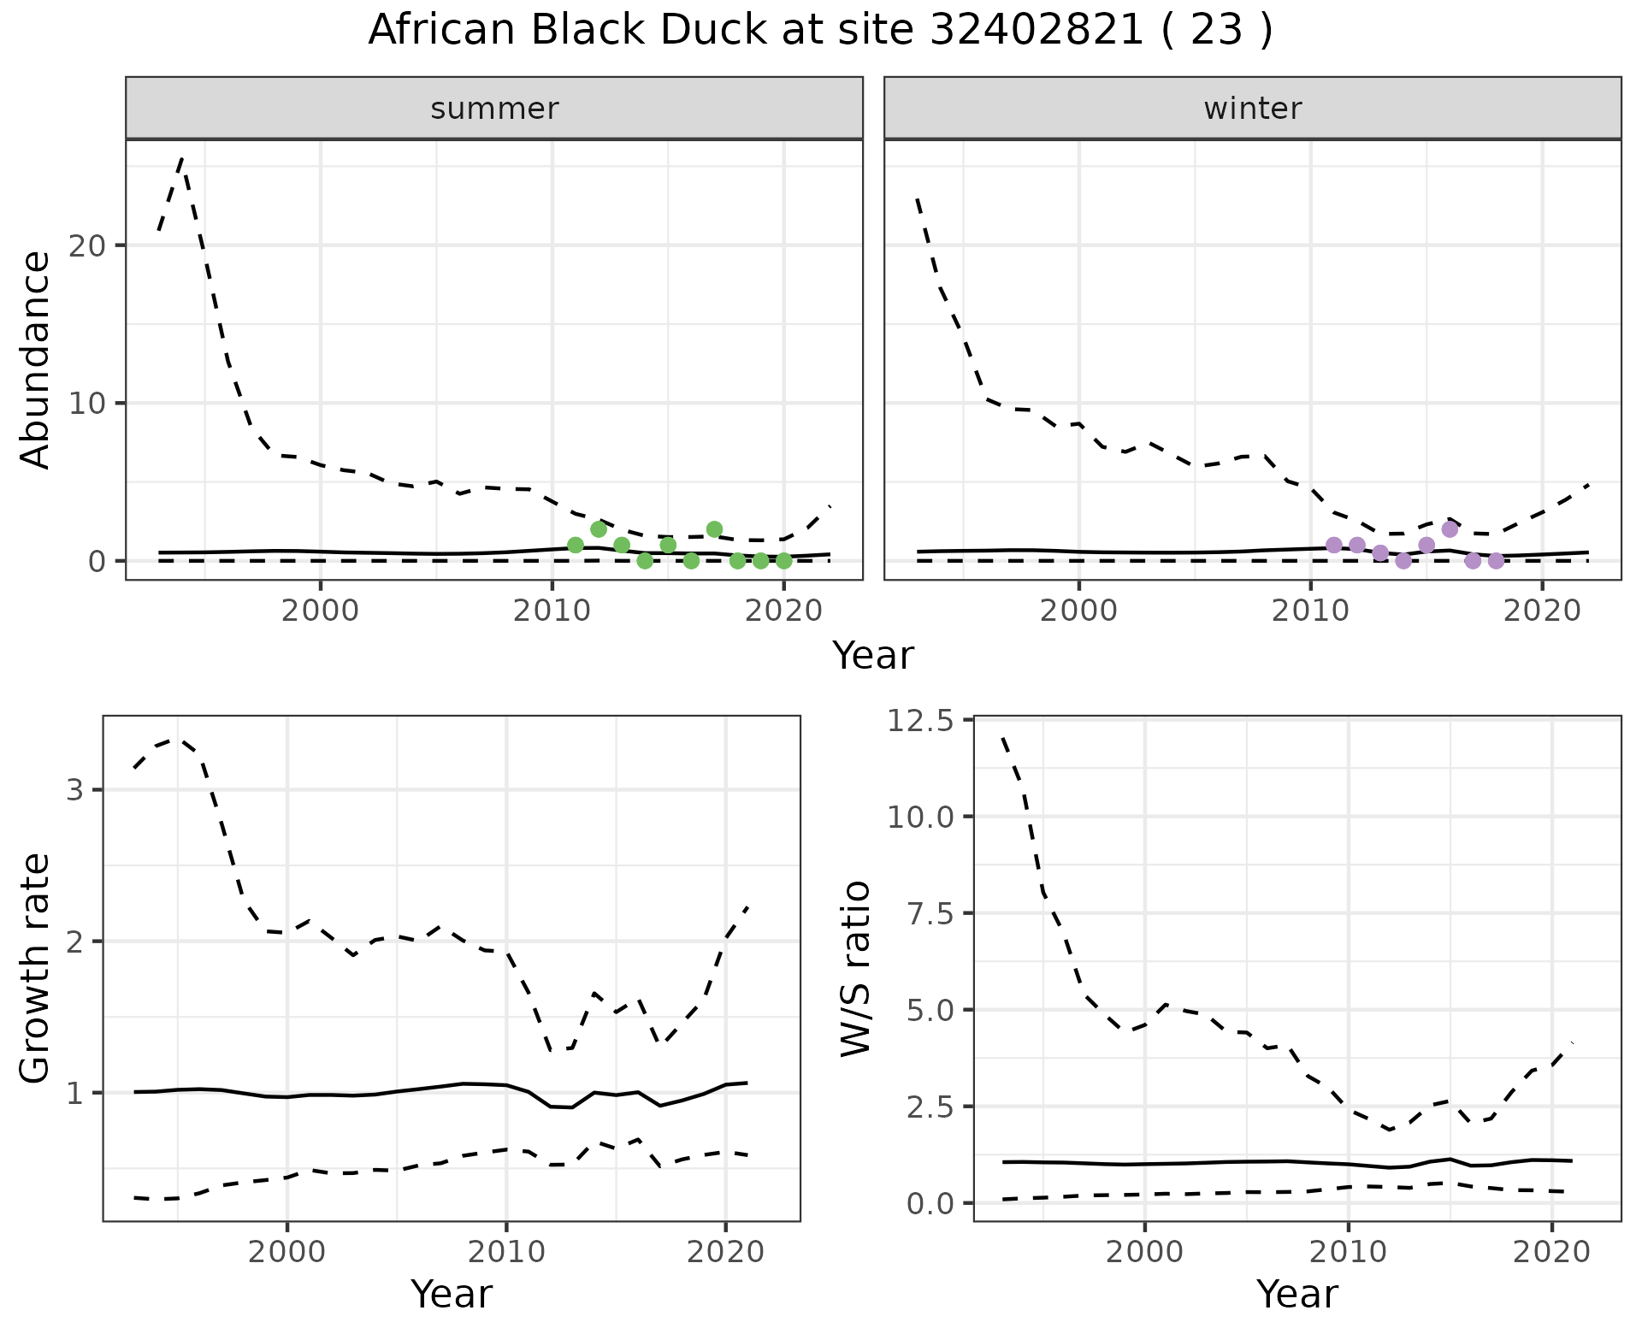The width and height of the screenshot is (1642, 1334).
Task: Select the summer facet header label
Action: tap(494, 109)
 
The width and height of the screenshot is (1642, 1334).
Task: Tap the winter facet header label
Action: tap(1252, 109)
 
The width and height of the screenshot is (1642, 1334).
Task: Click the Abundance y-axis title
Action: tap(36, 360)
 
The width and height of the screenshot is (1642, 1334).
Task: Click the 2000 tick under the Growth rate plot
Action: tap(286, 1253)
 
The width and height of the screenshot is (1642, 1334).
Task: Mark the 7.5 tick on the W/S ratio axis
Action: tap(929, 913)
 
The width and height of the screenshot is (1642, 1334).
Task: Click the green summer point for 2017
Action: tap(714, 529)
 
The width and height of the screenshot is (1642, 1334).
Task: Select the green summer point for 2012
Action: tap(599, 529)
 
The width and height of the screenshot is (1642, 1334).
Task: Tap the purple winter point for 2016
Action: tap(1450, 529)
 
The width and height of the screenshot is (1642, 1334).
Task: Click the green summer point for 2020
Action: tap(783, 561)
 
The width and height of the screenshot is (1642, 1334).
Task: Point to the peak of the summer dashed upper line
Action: tap(181, 159)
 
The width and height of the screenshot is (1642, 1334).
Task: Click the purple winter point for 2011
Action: tap(1333, 545)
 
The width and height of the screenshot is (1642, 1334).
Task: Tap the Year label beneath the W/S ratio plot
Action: tap(1296, 1294)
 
